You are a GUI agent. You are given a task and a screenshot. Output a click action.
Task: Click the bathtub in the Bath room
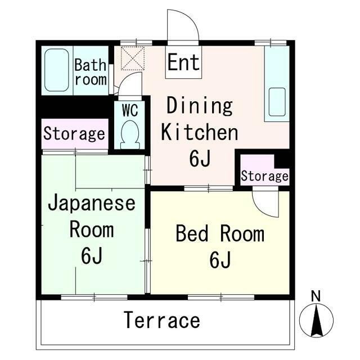[x=56, y=70]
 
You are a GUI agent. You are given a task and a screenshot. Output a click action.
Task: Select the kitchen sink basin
[x=277, y=102]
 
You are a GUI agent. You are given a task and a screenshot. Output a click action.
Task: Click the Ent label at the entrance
[x=183, y=62]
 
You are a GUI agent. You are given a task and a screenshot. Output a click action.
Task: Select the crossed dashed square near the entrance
[x=133, y=58]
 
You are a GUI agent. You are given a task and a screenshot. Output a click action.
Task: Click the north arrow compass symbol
[x=316, y=320]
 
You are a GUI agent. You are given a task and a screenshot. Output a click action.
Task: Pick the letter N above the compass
[x=316, y=296]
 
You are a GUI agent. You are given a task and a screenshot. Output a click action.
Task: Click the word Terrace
[x=162, y=320]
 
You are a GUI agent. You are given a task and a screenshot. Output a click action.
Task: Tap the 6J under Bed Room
[x=219, y=260]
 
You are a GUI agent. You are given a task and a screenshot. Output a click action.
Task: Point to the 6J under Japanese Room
[x=91, y=255]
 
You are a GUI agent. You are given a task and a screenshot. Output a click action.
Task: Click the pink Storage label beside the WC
[x=74, y=134]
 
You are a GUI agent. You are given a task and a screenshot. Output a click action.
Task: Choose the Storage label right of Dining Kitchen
[x=264, y=176]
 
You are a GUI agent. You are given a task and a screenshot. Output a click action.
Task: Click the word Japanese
[x=92, y=204]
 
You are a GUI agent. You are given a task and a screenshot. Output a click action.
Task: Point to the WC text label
[x=130, y=110]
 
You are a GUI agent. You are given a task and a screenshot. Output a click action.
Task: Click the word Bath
[x=90, y=65]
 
